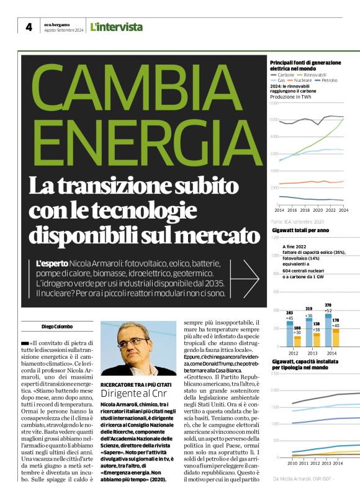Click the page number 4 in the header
(x=29, y=27)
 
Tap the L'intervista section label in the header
(x=116, y=27)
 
